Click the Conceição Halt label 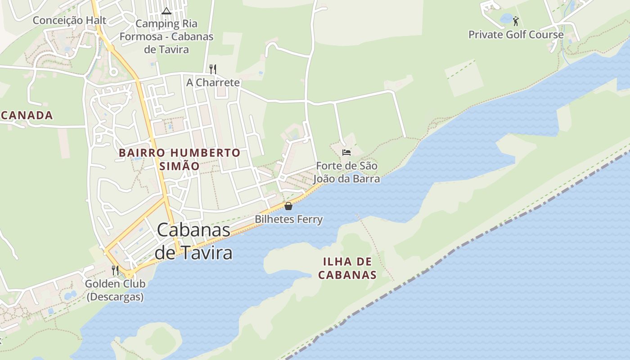(x=69, y=20)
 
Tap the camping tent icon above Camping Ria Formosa (x=166, y=11)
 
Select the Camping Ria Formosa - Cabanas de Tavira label (x=166, y=36)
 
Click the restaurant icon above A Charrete (x=213, y=69)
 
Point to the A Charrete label (x=213, y=82)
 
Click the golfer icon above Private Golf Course (x=516, y=21)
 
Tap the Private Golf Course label (x=516, y=35)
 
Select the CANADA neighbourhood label (x=27, y=115)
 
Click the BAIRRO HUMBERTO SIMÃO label (x=180, y=159)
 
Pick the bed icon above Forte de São (x=346, y=153)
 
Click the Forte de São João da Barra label (x=346, y=172)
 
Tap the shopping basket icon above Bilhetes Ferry (x=288, y=206)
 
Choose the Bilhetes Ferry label (x=288, y=220)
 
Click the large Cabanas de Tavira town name (x=193, y=242)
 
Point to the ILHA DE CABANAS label (x=347, y=268)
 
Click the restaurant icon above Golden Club (x=115, y=270)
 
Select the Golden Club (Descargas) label (x=115, y=290)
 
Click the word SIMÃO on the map (x=180, y=166)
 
